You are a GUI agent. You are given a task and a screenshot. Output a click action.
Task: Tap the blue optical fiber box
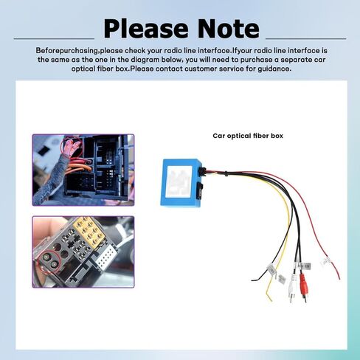pos(182,182)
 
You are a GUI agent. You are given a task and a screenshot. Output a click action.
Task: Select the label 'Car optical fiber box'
pos(248,136)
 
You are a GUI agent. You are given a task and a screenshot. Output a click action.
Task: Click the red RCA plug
pos(303,286)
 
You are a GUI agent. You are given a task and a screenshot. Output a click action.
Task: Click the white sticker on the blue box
pos(179,181)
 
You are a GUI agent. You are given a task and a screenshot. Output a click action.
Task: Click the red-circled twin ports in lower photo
pos(50,261)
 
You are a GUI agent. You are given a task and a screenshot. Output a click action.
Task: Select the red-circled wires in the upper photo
pos(72,147)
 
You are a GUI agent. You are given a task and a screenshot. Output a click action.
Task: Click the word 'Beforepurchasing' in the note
pos(67,51)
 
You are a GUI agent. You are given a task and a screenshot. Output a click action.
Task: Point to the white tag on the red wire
pos(326,261)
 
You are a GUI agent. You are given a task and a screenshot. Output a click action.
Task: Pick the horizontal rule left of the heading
pos(54,38)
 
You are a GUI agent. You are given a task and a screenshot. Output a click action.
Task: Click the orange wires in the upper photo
pos(79,167)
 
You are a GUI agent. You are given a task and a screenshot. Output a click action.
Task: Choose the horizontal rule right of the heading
pos(306,38)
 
